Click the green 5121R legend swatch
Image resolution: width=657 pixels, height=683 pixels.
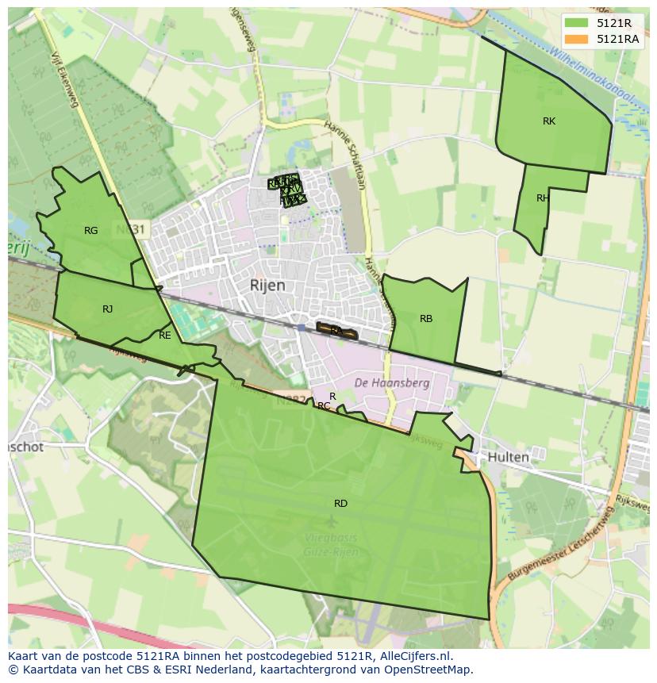[x=577, y=23]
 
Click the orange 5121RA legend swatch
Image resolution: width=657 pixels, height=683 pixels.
[x=577, y=39]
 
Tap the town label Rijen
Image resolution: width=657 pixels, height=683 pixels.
[x=267, y=286]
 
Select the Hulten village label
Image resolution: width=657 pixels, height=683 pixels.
[x=508, y=458]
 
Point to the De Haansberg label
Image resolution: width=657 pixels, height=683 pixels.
[x=391, y=383]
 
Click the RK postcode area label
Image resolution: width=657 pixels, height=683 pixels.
[x=549, y=121]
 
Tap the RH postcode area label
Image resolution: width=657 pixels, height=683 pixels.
[x=543, y=198]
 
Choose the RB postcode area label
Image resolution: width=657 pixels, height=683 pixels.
[x=426, y=319]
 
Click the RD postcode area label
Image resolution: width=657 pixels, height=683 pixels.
[x=340, y=504]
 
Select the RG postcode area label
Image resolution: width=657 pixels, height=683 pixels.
[x=91, y=231]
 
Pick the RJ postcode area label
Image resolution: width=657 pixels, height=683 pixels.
[x=107, y=309]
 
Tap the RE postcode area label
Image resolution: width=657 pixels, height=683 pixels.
[x=165, y=336]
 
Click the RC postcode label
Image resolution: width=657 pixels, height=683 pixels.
[x=324, y=406]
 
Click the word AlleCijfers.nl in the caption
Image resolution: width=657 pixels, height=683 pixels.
[x=411, y=656]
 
